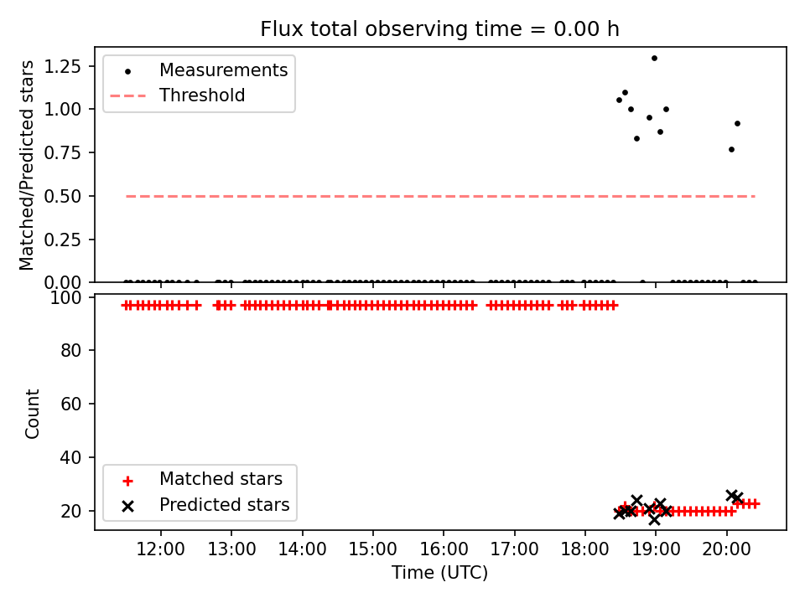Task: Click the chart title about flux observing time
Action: (x=439, y=28)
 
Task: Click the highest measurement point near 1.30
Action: (x=654, y=59)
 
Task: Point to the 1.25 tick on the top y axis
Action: (x=63, y=66)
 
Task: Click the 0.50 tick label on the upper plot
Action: (x=63, y=196)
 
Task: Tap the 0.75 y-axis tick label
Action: (x=63, y=152)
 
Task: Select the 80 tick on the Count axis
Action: (x=70, y=351)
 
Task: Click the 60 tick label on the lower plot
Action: (x=70, y=404)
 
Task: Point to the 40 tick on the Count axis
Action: (x=70, y=457)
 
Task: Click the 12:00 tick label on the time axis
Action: (x=160, y=549)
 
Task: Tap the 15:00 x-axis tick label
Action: (x=372, y=549)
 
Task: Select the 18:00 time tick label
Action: (x=584, y=549)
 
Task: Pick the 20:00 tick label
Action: (x=726, y=549)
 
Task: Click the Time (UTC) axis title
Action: (x=439, y=573)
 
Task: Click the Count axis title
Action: (x=32, y=413)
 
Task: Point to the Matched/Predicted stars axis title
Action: (x=26, y=165)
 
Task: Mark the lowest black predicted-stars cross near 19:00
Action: (x=654, y=519)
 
